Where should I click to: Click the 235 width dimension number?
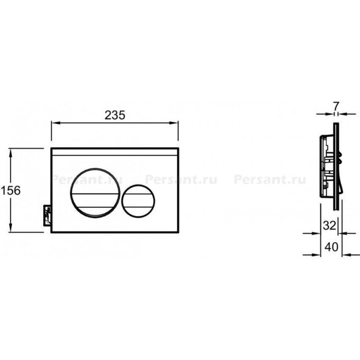(115, 115)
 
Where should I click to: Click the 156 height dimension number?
(10, 191)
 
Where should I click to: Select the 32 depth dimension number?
(330, 225)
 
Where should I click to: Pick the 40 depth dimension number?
(331, 247)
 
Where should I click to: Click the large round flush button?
(95, 193)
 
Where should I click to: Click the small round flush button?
(138, 201)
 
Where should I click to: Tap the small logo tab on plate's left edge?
(47, 216)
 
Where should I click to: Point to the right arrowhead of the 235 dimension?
(174, 123)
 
